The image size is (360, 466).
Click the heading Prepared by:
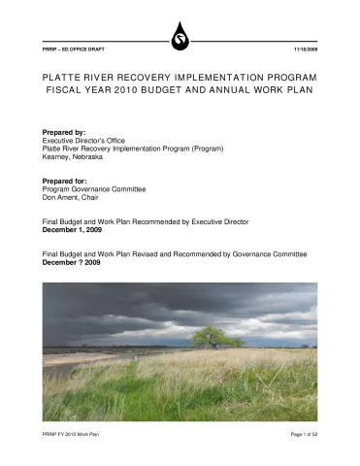tap(65, 131)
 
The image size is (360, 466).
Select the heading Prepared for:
tap(66, 182)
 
